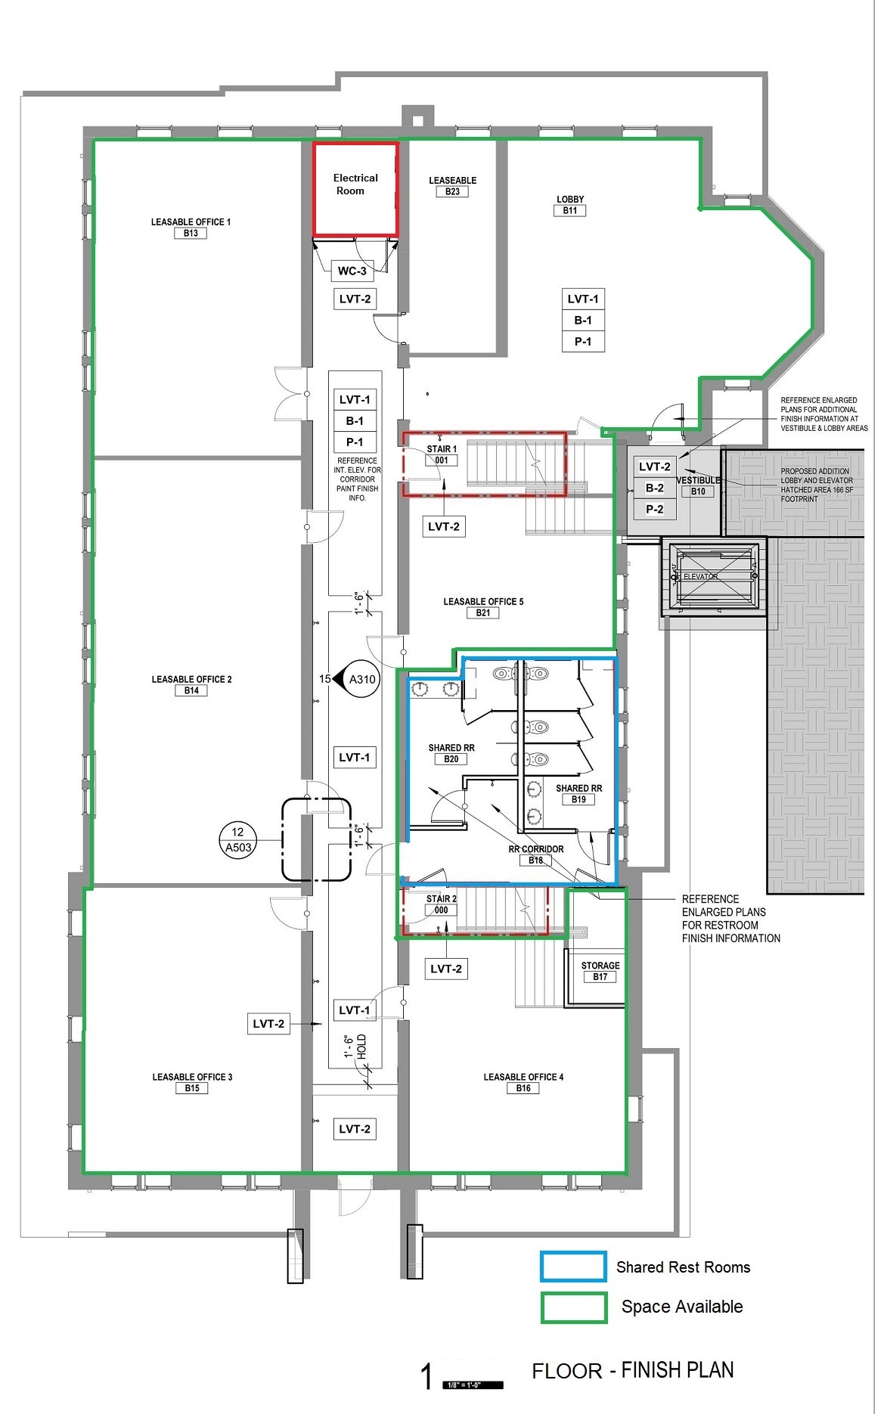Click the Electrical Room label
coord(355,185)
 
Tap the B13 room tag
coord(191,234)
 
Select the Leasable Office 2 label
coord(191,679)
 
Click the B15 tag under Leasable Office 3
coord(192,1088)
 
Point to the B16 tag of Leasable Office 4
coord(523,1088)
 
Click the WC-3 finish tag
coord(352,271)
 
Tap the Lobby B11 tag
coord(569,211)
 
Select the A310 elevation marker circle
coord(361,679)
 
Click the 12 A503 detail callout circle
coord(238,840)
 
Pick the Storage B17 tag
coord(600,977)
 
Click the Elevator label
coord(700,576)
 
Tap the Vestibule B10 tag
coord(698,491)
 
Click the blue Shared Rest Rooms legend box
coord(573,1267)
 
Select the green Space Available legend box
coord(573,1307)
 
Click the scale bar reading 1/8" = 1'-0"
coord(473,1385)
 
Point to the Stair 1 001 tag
coord(442,460)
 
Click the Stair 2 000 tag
coord(442,910)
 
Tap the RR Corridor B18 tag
coord(535,860)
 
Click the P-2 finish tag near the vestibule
coord(654,510)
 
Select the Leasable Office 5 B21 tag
coord(483,613)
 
